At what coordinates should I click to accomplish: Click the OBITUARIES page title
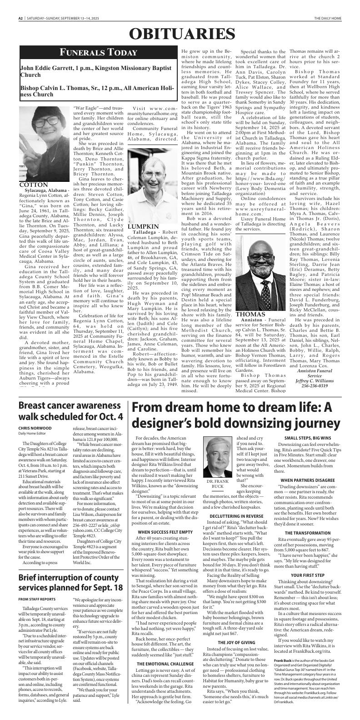click(182, 34)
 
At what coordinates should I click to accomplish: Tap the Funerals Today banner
click(98, 52)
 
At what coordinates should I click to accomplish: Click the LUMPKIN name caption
click(143, 226)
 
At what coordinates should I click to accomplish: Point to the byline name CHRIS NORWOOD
click(35, 428)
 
